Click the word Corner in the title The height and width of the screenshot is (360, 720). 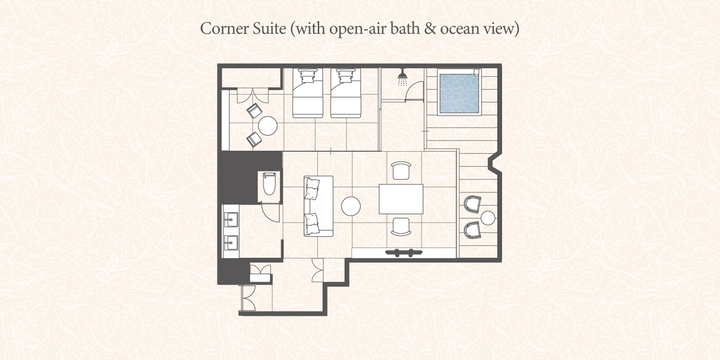[x=224, y=28]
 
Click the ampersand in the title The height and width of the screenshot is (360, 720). [x=430, y=28]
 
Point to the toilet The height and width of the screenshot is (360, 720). [x=269, y=183]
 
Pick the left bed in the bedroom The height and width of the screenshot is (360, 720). [x=308, y=93]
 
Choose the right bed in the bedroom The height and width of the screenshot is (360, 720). [x=346, y=93]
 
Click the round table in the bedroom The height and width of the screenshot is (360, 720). [x=268, y=126]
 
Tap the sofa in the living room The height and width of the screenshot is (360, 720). [x=319, y=206]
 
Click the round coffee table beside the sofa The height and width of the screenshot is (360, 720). [x=351, y=206]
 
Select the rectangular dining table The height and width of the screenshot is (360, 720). [x=401, y=199]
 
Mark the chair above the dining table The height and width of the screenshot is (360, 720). [x=401, y=170]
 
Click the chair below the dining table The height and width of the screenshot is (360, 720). [x=401, y=227]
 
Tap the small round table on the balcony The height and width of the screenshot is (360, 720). [x=488, y=218]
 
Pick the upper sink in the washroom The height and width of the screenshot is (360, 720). [x=231, y=220]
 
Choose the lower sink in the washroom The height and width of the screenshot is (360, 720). [x=231, y=243]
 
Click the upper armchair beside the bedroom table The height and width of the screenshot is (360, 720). [x=254, y=111]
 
